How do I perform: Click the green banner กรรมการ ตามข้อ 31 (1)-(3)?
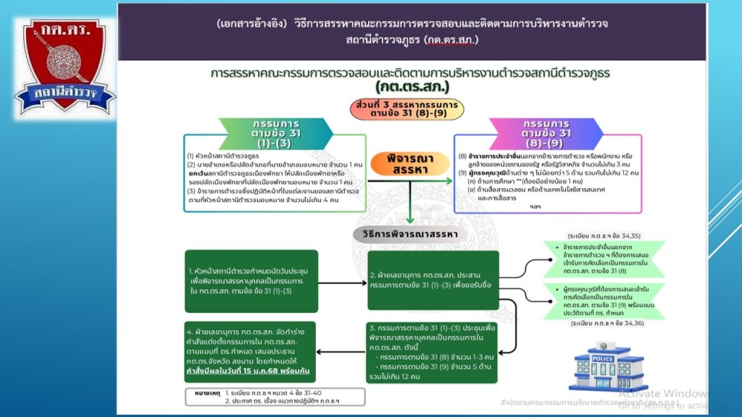[276, 133]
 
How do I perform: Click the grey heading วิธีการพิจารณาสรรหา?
[409, 235]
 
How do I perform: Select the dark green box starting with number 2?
[433, 280]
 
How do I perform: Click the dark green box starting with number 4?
[250, 351]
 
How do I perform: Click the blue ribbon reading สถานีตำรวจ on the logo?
[64, 93]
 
